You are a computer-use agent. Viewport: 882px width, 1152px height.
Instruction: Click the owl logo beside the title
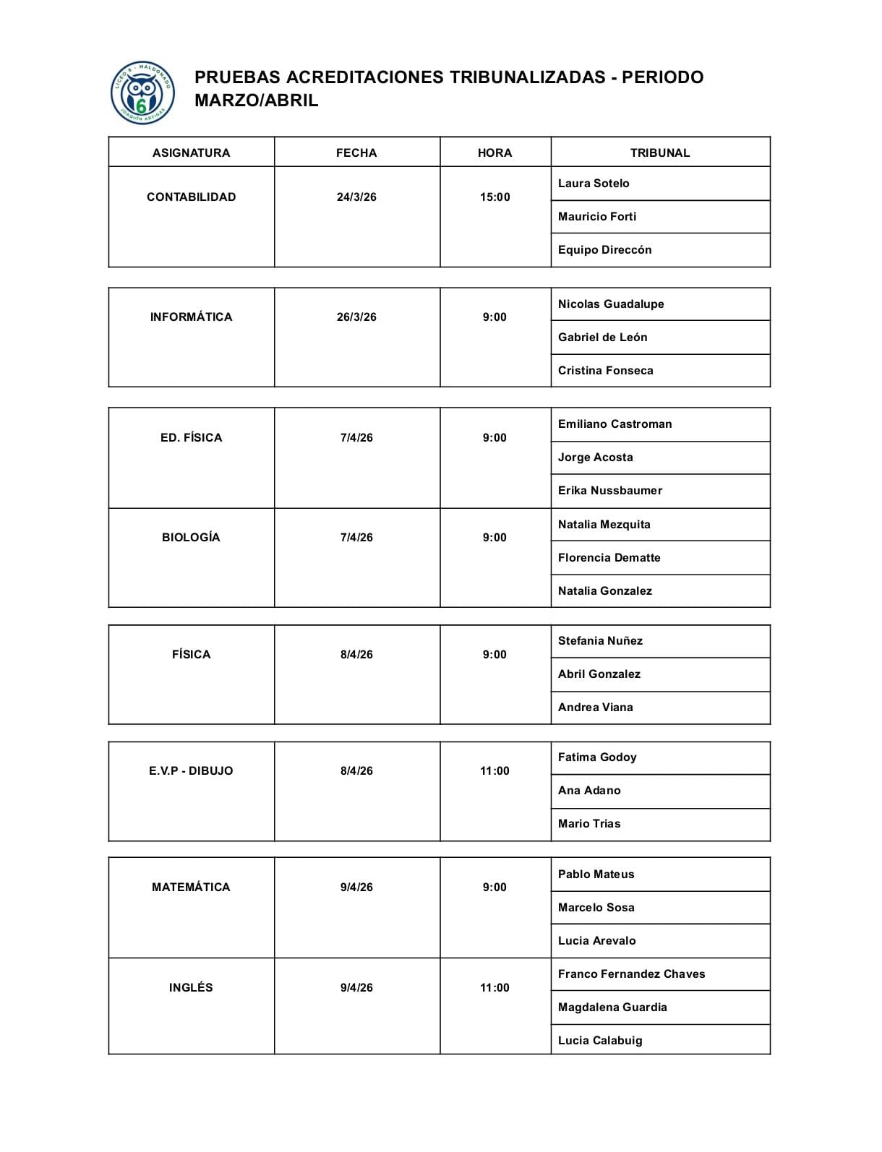point(142,93)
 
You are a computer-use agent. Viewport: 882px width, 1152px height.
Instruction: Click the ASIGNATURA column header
point(191,152)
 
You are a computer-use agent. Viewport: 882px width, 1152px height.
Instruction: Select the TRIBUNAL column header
point(660,152)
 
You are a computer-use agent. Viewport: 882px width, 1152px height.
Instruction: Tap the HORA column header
point(494,152)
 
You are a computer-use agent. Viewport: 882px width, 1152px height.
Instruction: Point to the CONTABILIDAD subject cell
point(191,197)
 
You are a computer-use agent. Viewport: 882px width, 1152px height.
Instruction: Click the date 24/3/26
point(356,197)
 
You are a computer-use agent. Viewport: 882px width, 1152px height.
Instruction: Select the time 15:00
point(494,197)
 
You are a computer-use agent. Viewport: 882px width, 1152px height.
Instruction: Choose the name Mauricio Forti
point(597,216)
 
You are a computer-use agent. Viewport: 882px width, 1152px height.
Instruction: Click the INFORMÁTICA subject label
point(191,317)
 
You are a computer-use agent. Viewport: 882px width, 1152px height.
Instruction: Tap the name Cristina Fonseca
point(605,370)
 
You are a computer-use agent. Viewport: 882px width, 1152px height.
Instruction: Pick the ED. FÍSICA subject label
point(191,437)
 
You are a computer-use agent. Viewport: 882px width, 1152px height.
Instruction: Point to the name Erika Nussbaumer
point(609,490)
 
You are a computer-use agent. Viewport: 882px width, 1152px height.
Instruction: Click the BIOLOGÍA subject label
point(191,537)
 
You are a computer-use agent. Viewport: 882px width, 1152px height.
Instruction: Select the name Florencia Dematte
point(609,557)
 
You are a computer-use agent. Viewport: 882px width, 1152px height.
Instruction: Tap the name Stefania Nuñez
point(600,640)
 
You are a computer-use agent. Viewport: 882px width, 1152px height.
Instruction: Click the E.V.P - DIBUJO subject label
point(191,770)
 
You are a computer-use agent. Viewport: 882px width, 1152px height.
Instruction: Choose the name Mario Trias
point(589,823)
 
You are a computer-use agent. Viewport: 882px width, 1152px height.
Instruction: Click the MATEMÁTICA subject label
point(191,887)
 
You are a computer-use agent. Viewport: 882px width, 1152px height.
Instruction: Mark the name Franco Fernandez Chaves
point(631,973)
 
